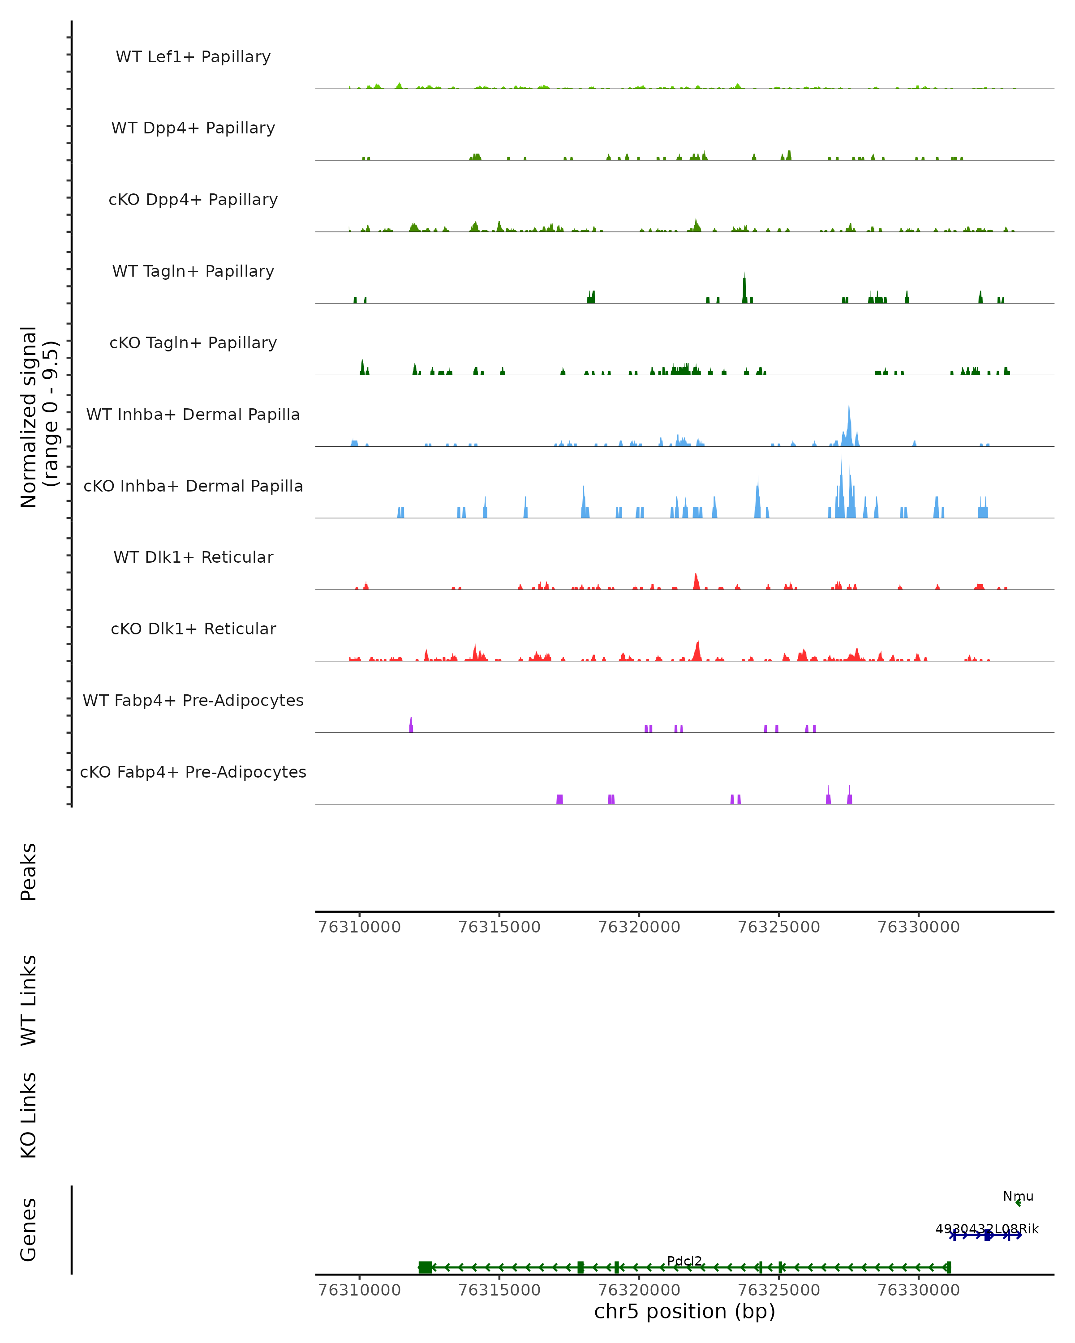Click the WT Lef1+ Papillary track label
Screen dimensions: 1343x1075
[193, 57]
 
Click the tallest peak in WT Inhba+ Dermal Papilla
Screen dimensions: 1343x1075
[848, 411]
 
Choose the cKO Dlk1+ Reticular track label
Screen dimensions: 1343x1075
[193, 629]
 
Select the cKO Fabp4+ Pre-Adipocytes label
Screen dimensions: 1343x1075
[193, 772]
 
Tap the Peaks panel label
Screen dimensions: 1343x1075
[29, 872]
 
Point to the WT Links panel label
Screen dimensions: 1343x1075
[29, 1000]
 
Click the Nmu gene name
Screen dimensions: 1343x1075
[1018, 1196]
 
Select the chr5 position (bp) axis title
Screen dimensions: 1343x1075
[684, 1311]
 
